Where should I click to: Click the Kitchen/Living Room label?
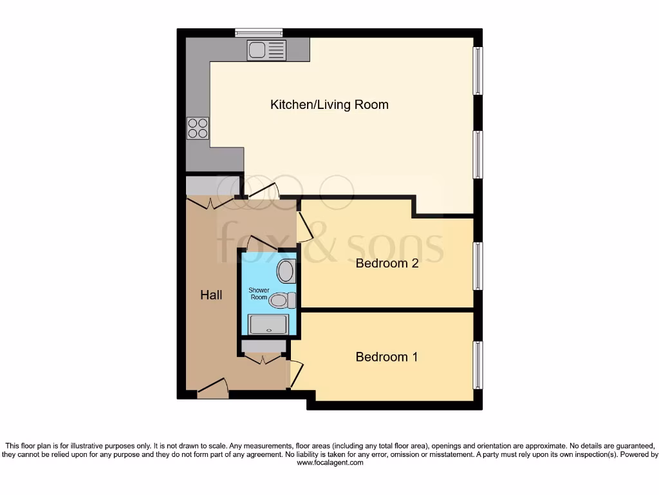(x=329, y=104)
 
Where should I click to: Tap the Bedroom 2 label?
(x=387, y=263)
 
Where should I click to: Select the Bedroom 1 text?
(x=386, y=356)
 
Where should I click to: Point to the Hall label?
(x=211, y=295)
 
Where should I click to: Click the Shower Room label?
(x=259, y=294)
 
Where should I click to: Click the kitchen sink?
(x=266, y=50)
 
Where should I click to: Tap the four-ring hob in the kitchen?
(x=198, y=128)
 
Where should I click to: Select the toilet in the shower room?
(x=282, y=300)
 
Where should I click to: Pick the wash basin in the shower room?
(x=286, y=271)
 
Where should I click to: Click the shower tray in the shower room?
(x=268, y=325)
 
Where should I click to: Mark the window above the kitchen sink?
(x=259, y=32)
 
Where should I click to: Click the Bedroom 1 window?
(x=478, y=365)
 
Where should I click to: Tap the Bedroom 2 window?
(x=478, y=266)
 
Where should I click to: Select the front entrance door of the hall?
(x=213, y=388)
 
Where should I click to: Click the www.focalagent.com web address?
(x=329, y=463)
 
